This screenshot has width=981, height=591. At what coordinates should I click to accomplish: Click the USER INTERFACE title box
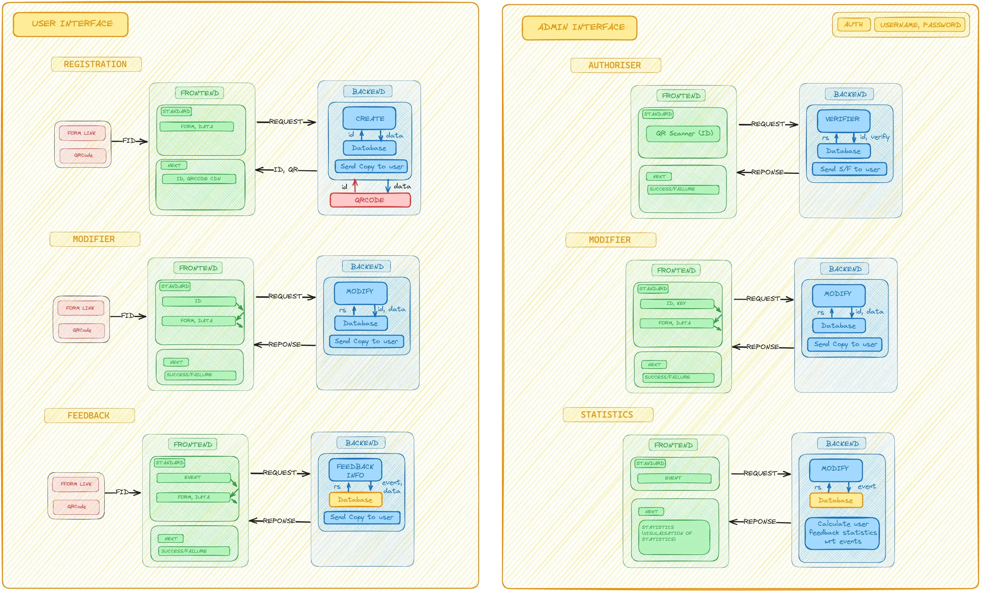point(71,24)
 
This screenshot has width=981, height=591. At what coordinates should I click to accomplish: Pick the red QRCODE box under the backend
point(370,200)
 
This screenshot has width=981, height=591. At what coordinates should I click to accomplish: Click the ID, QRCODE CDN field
point(199,179)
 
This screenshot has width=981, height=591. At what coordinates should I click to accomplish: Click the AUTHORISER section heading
point(615,65)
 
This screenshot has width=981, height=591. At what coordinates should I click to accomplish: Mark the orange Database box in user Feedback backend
point(355,499)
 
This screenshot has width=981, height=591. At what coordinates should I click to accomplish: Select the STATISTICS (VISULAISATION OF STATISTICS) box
point(674,536)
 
